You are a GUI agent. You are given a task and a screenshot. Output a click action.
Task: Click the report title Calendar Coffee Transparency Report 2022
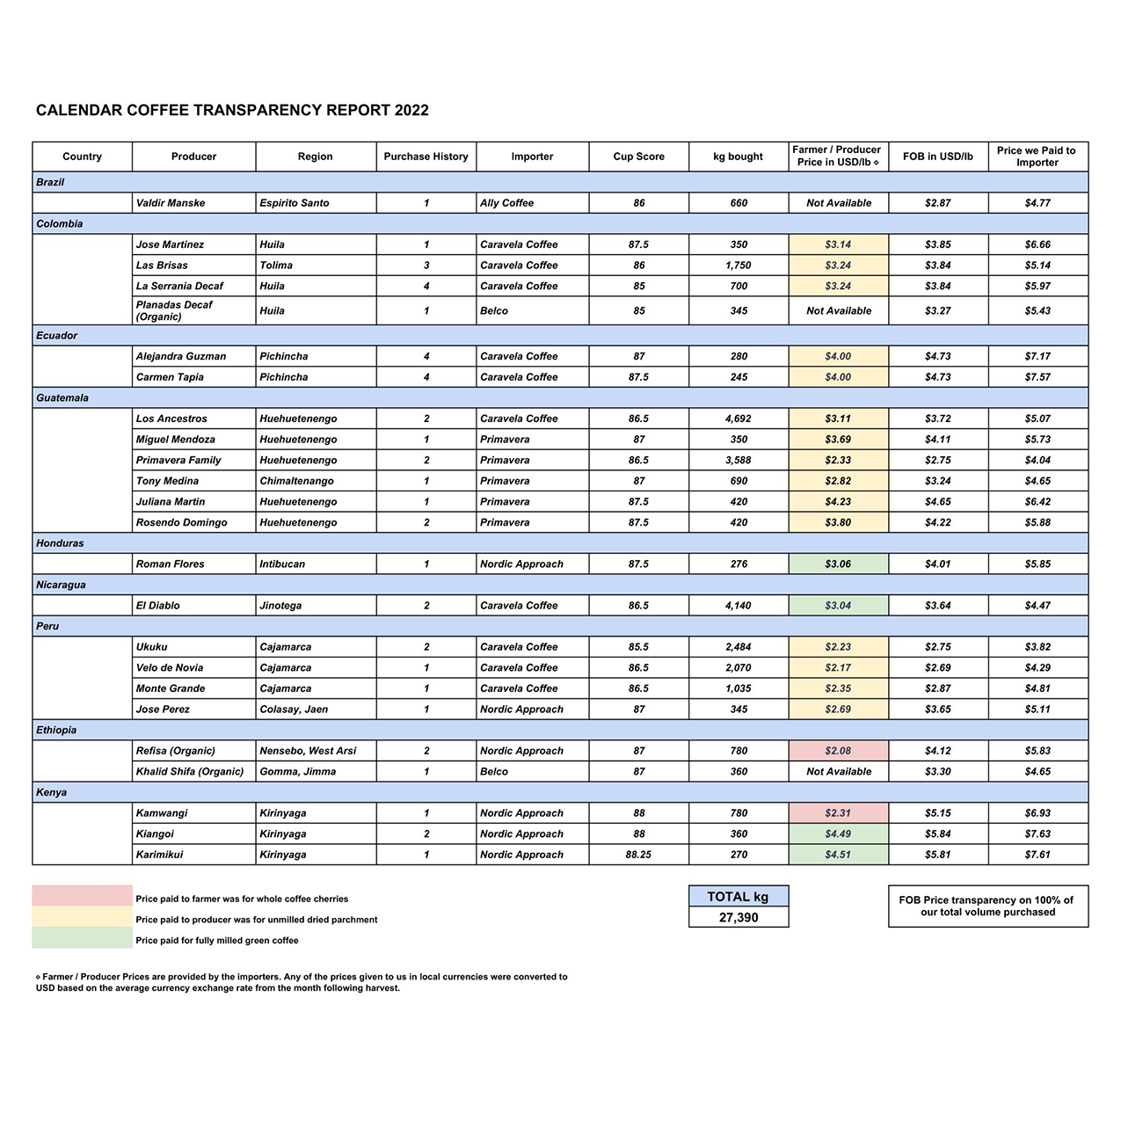(x=232, y=110)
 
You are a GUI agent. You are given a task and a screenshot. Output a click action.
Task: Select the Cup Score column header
(x=638, y=157)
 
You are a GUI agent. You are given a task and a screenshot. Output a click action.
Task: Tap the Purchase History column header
(x=426, y=157)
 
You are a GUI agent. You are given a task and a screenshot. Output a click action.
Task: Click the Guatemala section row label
(x=62, y=398)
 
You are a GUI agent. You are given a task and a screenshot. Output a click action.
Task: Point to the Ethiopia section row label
(x=56, y=731)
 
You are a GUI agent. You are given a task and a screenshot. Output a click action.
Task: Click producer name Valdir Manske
(x=171, y=203)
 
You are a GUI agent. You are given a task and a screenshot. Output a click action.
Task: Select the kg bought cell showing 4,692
(x=739, y=419)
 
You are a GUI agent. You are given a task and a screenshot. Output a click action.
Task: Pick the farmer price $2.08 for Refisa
(x=838, y=751)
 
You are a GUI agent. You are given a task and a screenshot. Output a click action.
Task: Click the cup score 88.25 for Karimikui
(x=638, y=855)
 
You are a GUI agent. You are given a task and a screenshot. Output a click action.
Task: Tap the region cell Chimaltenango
(x=296, y=481)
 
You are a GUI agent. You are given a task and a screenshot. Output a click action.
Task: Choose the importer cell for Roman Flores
(x=521, y=564)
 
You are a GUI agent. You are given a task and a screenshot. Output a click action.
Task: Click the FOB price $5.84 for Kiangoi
(x=938, y=834)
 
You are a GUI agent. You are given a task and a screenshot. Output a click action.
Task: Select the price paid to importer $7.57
(x=1037, y=377)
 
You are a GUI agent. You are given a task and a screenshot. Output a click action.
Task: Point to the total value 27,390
(x=739, y=917)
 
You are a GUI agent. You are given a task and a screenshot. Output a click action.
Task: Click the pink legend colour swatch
(x=82, y=896)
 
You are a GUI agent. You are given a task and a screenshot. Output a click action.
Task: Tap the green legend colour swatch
(x=82, y=938)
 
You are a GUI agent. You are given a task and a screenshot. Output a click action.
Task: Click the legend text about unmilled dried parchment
(x=256, y=920)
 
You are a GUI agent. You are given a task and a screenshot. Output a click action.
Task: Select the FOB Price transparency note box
(x=987, y=906)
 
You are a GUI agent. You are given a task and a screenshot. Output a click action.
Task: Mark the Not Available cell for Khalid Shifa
(x=839, y=772)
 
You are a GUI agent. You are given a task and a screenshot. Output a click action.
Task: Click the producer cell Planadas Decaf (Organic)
(x=174, y=310)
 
